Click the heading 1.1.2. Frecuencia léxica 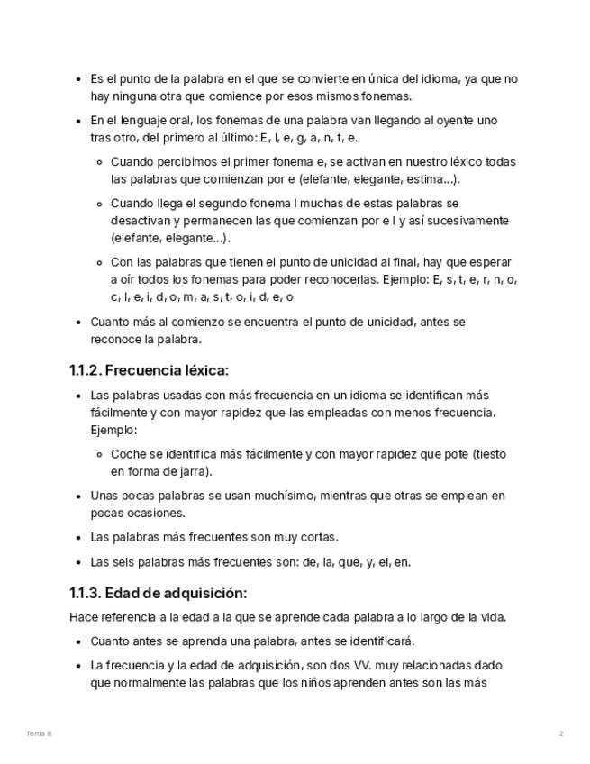coord(150,370)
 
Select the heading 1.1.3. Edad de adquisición coord(158,593)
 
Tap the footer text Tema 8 coord(39,734)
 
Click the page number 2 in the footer coord(561,734)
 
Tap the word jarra coord(194,471)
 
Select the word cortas coord(318,537)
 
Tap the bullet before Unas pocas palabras coord(78,496)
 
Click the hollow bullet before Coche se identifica coord(101,455)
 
